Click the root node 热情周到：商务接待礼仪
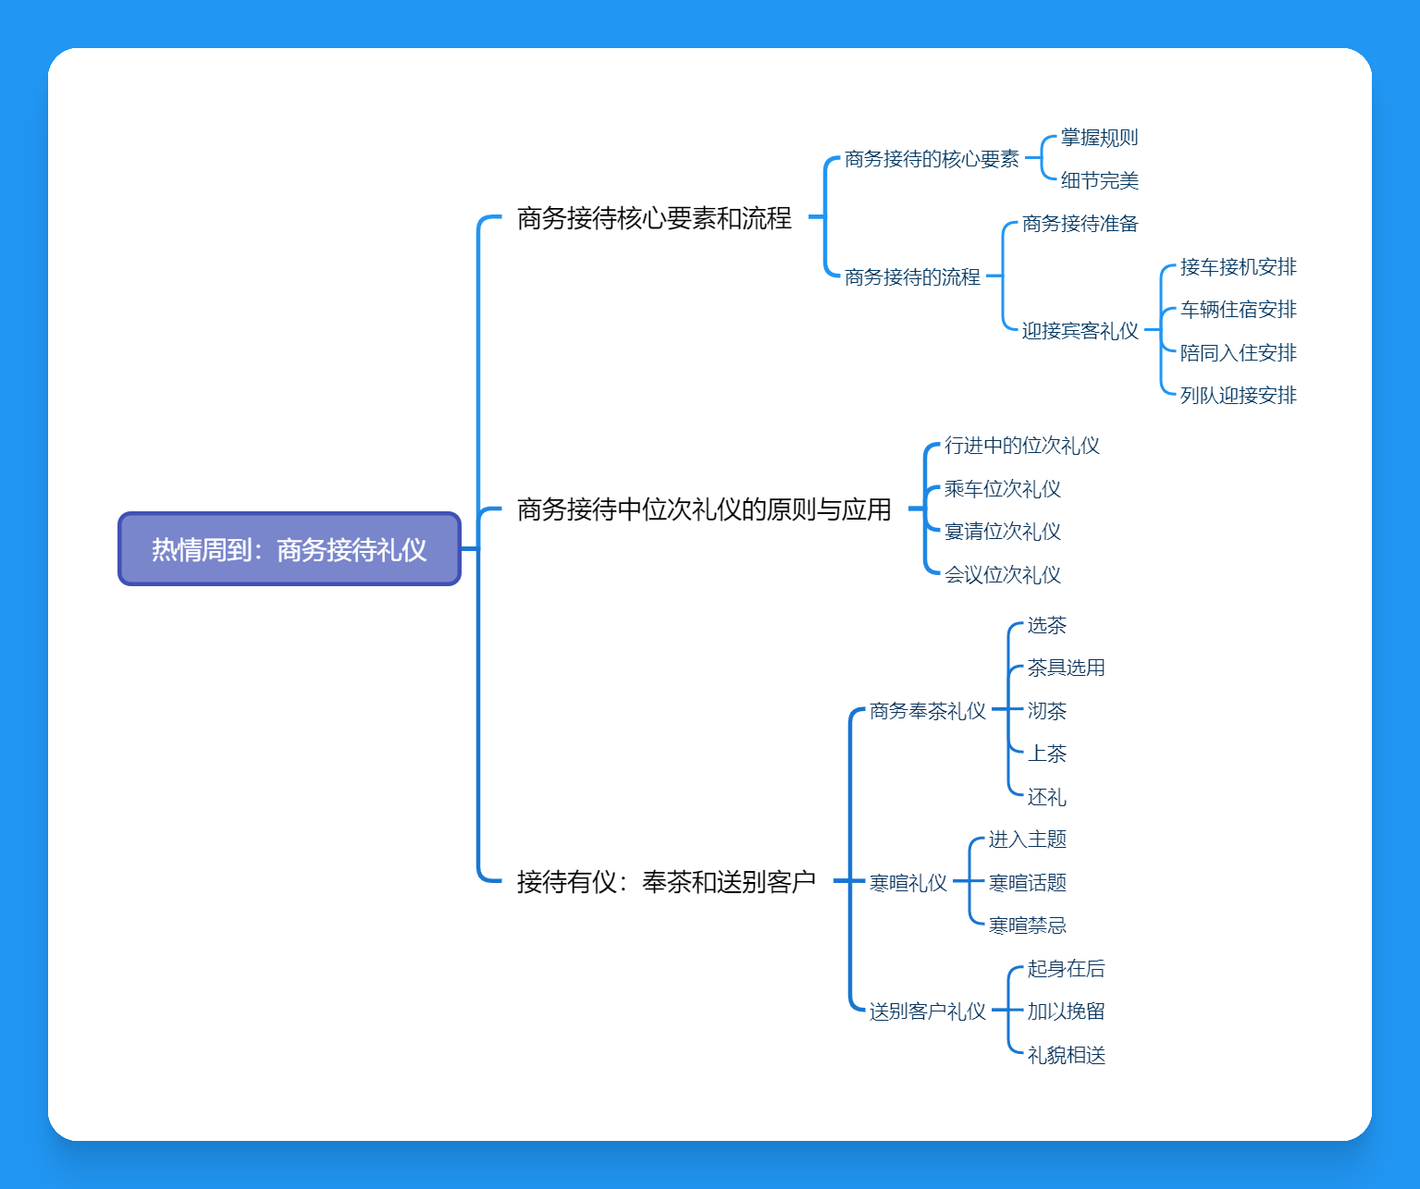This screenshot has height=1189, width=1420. click(289, 549)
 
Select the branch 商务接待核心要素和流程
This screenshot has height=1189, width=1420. click(654, 218)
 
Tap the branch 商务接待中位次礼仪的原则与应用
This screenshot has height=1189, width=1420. click(704, 509)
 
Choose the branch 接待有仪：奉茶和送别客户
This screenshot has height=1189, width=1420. click(666, 882)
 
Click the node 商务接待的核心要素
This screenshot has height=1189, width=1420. click(932, 159)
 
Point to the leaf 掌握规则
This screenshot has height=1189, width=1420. click(1099, 138)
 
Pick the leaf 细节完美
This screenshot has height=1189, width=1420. click(1099, 180)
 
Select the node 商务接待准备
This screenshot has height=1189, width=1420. click(1080, 224)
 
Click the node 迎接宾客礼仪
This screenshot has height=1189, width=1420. click(1080, 331)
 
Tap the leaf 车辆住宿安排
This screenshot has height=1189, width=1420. click(1238, 310)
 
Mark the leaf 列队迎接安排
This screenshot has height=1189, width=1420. click(1238, 396)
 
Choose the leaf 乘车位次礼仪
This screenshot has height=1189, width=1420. click(1002, 489)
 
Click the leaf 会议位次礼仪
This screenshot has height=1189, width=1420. click(1002, 575)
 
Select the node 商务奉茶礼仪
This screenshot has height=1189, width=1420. click(927, 711)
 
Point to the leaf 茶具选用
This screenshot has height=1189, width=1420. click(1066, 668)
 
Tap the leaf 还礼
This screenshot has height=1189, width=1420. click(1046, 797)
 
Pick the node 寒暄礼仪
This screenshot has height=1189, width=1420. click(908, 883)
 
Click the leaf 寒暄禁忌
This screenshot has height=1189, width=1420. click(1027, 925)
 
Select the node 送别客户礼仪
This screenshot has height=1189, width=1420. click(927, 1011)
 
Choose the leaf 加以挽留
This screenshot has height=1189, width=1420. click(1066, 1011)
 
